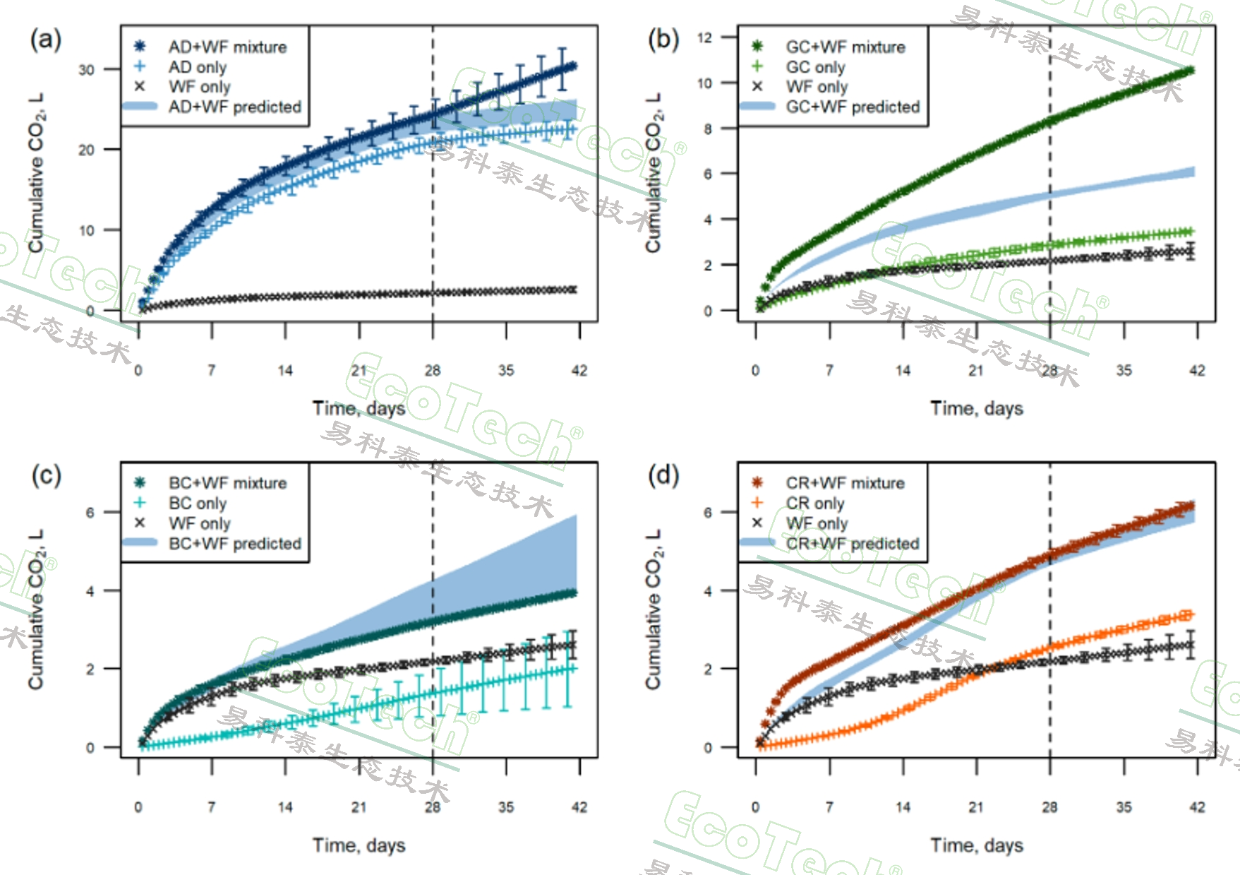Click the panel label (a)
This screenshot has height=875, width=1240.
(x=45, y=40)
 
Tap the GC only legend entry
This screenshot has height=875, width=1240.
(x=815, y=67)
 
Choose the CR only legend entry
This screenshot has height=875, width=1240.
(x=815, y=504)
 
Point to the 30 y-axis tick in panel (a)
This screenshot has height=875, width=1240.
(x=86, y=70)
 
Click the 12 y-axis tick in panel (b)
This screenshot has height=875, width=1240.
(x=704, y=37)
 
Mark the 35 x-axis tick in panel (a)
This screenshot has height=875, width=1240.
(x=506, y=371)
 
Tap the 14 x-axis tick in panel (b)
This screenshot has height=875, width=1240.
(x=903, y=371)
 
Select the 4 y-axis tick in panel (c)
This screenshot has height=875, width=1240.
(x=90, y=591)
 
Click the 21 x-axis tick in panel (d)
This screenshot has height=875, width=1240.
(x=976, y=807)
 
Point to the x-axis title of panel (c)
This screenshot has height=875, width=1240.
(x=359, y=845)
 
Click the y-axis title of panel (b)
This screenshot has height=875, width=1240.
(x=654, y=173)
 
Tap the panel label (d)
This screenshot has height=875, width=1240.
(x=663, y=476)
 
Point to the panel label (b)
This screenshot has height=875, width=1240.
(x=663, y=40)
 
